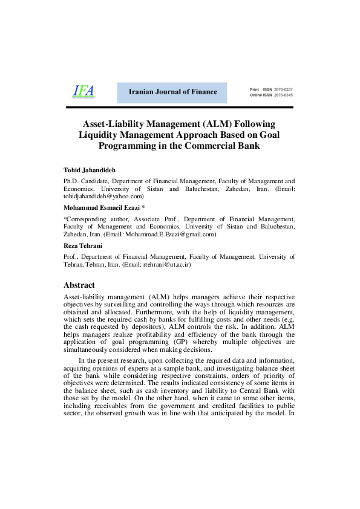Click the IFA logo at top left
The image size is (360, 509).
pos(83,91)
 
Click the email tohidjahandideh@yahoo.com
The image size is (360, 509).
pos(103,196)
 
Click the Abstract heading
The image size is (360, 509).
pos(79,285)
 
